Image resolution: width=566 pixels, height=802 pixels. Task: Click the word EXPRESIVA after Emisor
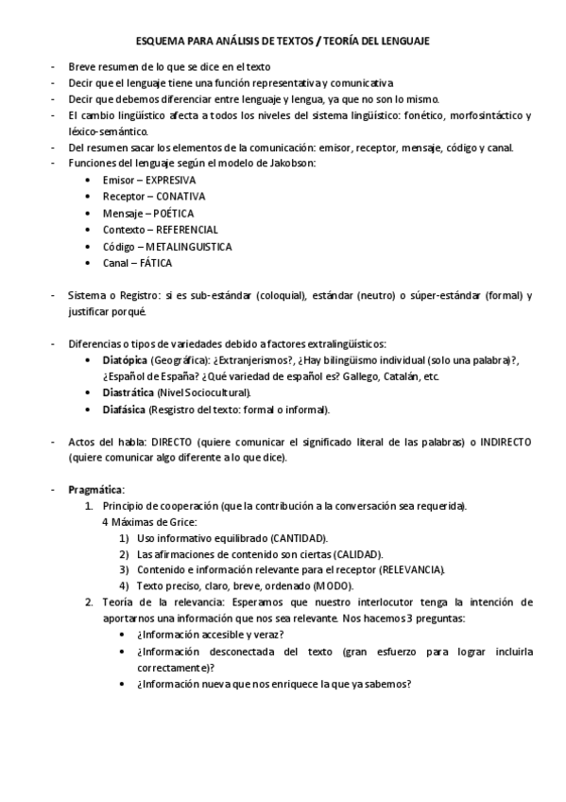(171, 179)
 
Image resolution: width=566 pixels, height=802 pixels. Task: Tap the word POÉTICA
(173, 213)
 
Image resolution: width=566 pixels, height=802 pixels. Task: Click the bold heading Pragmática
(96, 489)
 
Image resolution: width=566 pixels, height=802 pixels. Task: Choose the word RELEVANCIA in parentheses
(411, 569)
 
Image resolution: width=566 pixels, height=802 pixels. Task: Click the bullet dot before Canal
(88, 264)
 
